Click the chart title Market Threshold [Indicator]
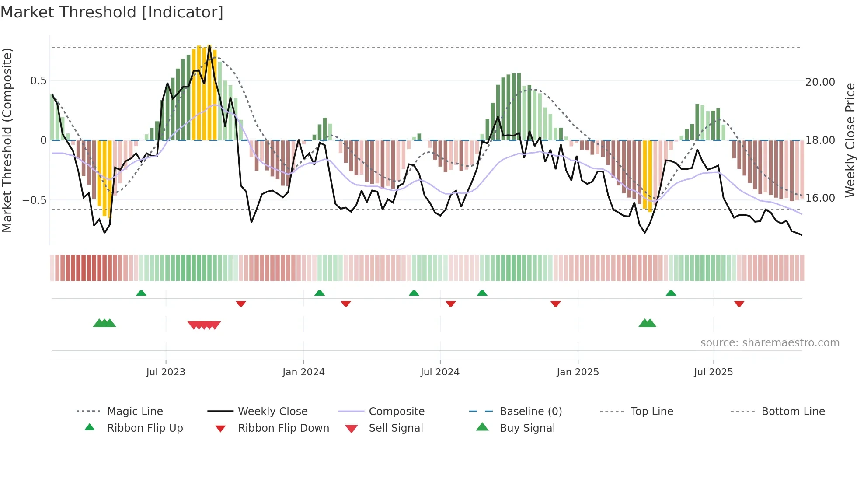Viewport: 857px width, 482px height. [112, 12]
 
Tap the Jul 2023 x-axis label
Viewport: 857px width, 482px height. [166, 372]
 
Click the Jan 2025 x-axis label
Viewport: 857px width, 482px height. [578, 372]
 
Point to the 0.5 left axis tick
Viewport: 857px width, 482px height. [38, 81]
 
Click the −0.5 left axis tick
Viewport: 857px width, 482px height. [35, 200]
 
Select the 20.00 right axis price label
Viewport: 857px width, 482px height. [820, 82]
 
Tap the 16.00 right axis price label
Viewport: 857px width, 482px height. [820, 198]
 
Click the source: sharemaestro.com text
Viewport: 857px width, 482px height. [770, 343]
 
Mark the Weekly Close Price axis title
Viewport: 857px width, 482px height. [850, 140]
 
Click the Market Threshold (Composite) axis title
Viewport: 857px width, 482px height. [7, 140]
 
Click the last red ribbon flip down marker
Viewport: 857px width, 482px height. [739, 304]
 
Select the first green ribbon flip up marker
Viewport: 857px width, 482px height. [141, 293]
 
